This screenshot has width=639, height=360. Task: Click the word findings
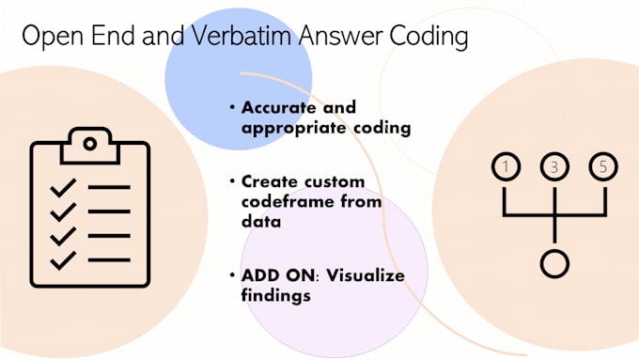[276, 295]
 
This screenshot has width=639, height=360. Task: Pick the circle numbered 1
[506, 167]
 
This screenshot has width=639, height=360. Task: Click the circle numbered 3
[554, 167]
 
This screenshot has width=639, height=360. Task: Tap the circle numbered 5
[603, 167]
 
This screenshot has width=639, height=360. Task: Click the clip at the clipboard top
[89, 144]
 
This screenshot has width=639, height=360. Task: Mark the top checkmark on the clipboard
[63, 187]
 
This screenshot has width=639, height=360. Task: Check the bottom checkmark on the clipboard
[63, 258]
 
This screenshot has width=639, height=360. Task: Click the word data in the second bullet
[259, 222]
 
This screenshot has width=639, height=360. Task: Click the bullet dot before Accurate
[232, 107]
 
